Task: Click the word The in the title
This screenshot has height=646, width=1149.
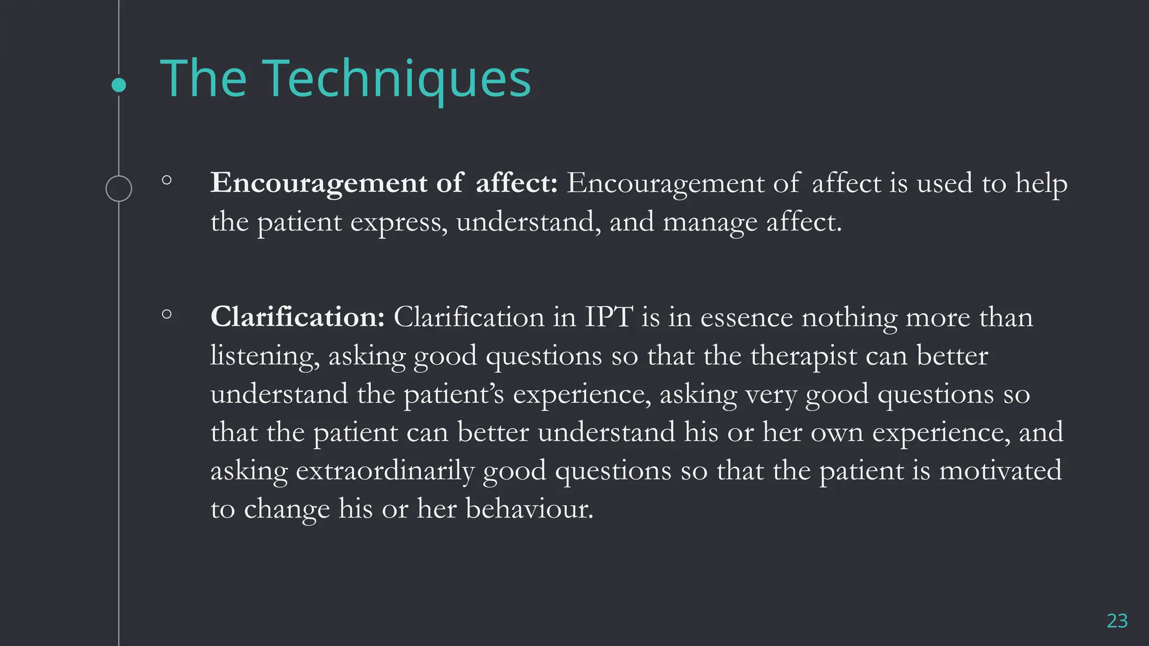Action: pos(204,79)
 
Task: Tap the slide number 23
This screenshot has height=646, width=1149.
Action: pos(1116,621)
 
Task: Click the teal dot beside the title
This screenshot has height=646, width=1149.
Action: pos(119,85)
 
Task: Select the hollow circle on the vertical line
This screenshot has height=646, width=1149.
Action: pos(119,188)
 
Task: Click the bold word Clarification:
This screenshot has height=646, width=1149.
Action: pos(297,317)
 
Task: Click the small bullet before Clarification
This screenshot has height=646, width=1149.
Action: pos(167,315)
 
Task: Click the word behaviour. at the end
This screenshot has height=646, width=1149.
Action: pos(529,509)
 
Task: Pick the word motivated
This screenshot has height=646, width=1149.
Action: pos(1000,471)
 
